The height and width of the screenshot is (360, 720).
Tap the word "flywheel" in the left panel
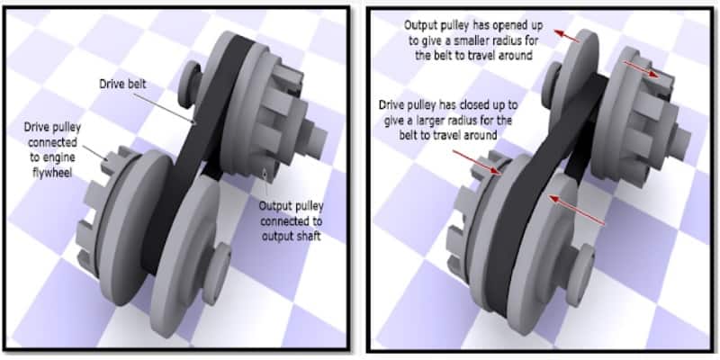tap(52, 174)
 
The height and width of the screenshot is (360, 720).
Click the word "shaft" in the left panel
tap(307, 238)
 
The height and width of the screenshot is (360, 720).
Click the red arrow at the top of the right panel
tap(568, 36)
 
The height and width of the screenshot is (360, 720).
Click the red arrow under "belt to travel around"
tap(476, 162)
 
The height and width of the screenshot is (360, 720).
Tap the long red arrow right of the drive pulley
tap(577, 211)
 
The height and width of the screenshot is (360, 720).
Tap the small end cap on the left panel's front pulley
tap(216, 274)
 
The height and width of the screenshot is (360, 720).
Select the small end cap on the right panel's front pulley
tap(580, 275)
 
